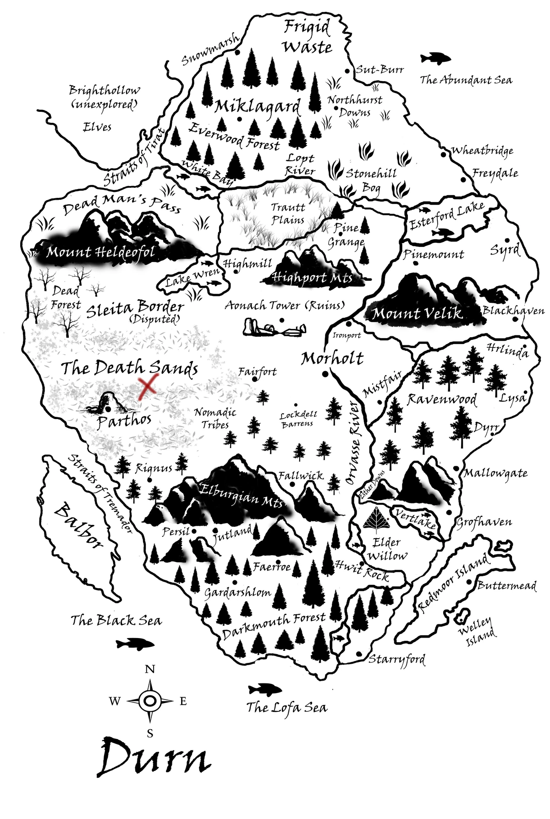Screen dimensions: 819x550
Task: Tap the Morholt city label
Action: click(x=332, y=358)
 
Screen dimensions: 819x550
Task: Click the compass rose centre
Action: click(x=150, y=700)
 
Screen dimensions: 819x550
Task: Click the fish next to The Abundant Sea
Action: click(x=435, y=58)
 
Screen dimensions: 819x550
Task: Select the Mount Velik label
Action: click(x=417, y=314)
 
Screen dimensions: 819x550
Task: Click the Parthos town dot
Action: click(x=108, y=409)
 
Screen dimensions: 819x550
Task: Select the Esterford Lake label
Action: click(x=446, y=215)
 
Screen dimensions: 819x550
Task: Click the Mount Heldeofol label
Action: click(x=100, y=251)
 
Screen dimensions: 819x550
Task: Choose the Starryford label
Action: click(x=397, y=660)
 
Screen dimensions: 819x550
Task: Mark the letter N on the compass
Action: click(x=150, y=669)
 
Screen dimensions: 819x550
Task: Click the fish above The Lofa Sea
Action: click(x=264, y=689)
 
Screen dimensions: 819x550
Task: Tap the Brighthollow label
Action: click(x=104, y=90)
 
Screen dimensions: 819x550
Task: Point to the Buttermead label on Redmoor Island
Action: click(x=506, y=586)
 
